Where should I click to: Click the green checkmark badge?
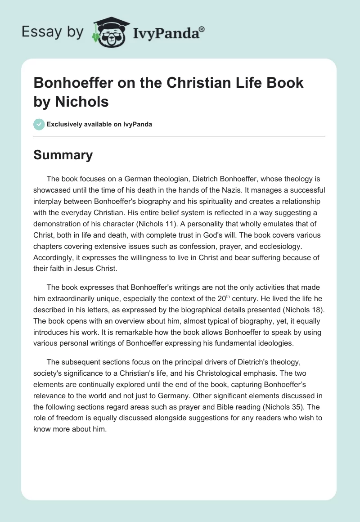tap(39, 124)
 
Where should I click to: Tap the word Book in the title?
tap(285, 84)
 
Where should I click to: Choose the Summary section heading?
tap(63, 155)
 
